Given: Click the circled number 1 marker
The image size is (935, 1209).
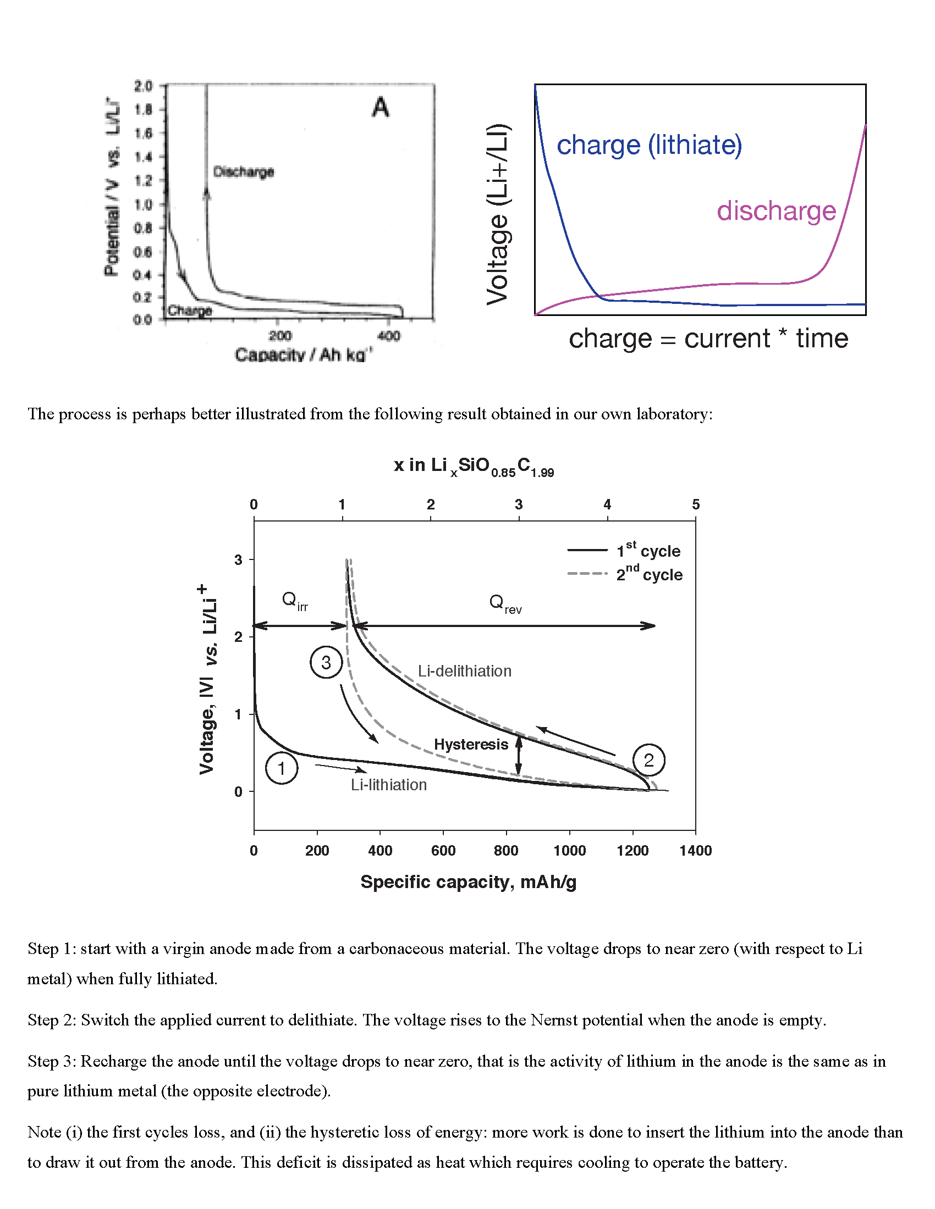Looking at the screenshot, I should [x=282, y=768].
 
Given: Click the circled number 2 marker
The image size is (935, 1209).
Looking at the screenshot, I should [x=648, y=760].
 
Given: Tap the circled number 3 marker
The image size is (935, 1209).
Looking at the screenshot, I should [x=326, y=662].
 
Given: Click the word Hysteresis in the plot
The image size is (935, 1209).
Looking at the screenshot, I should [x=471, y=745].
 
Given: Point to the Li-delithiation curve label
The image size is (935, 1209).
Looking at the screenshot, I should [x=464, y=671].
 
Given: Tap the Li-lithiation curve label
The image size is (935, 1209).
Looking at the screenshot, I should [x=388, y=785].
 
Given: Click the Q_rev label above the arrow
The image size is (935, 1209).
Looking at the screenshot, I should [x=504, y=603].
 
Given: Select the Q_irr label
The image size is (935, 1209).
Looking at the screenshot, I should [x=294, y=601].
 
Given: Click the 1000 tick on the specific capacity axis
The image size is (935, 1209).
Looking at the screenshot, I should [x=569, y=850].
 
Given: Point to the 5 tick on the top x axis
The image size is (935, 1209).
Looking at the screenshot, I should [x=696, y=504].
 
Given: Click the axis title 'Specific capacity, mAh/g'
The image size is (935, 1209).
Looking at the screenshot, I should [x=469, y=882].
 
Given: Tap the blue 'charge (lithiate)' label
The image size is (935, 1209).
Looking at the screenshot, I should [x=649, y=145].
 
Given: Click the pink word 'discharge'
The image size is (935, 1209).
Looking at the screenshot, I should [x=776, y=211].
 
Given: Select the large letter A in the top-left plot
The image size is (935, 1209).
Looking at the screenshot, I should [x=381, y=107].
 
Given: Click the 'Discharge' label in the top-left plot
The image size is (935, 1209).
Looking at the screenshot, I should [x=244, y=171].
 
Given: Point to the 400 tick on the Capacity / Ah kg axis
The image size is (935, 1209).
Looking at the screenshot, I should [x=389, y=335].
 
